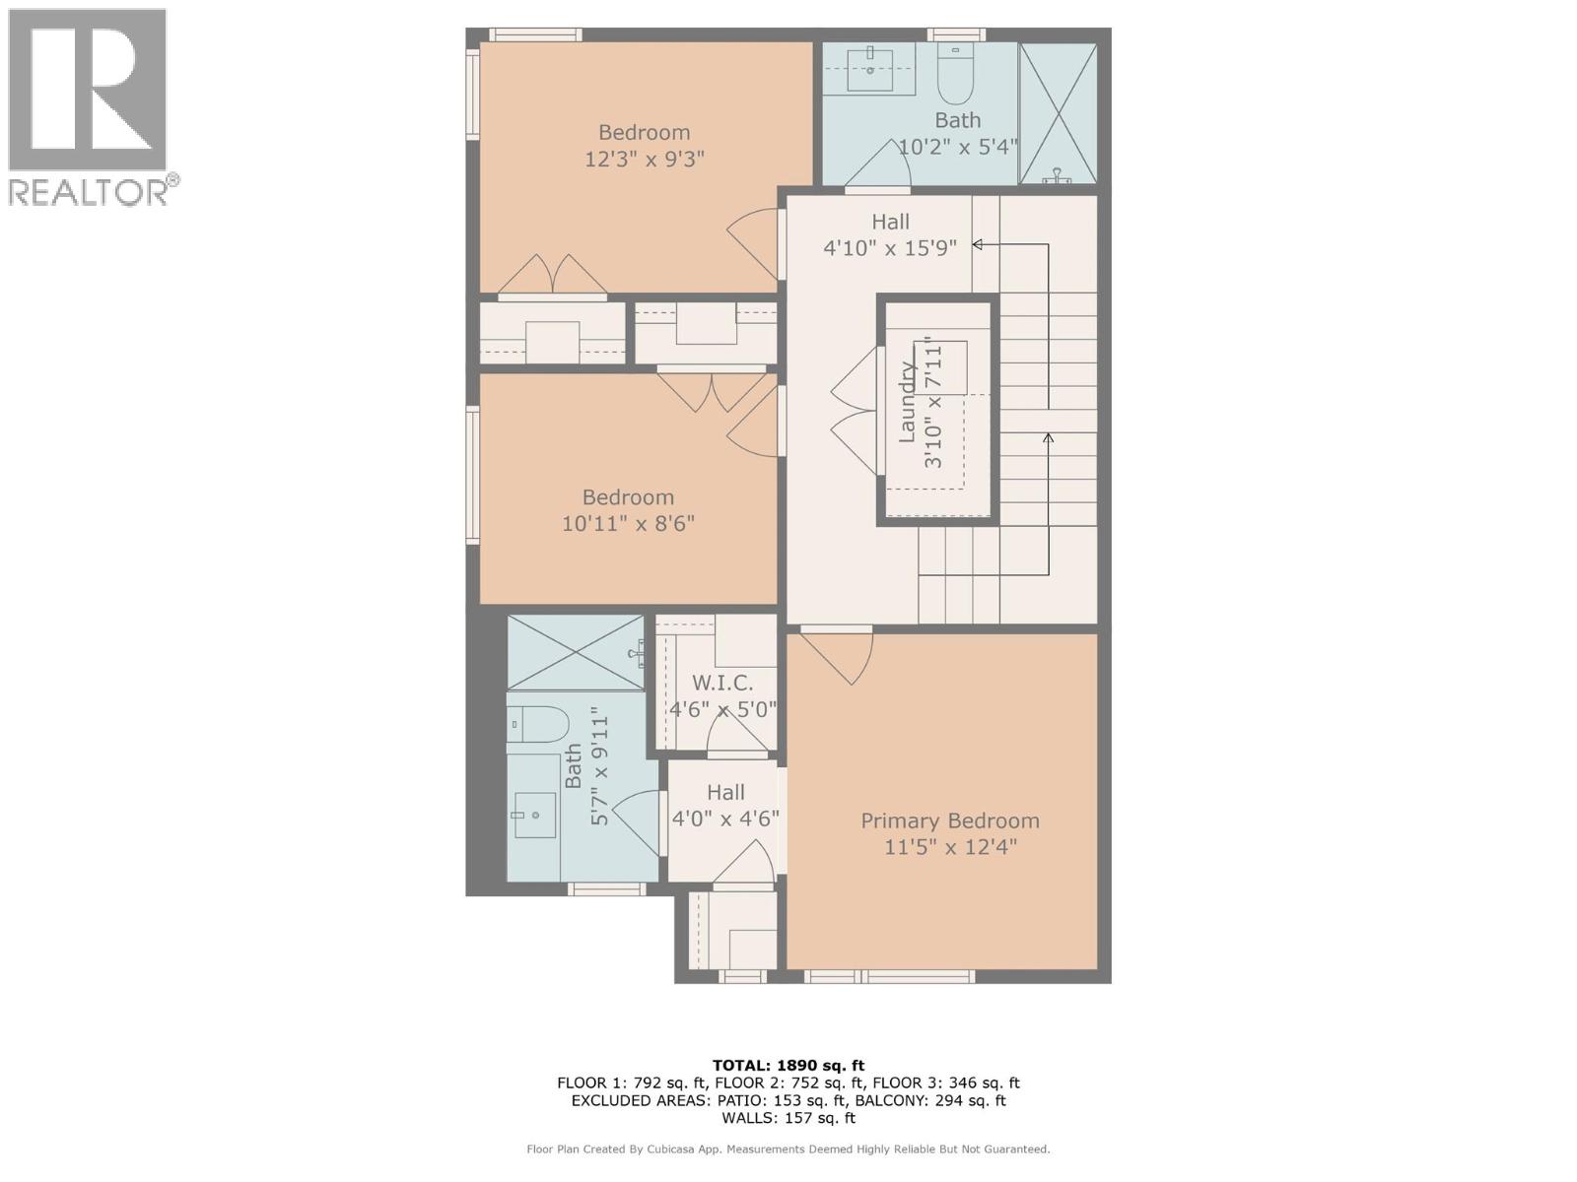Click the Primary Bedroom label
[949, 821]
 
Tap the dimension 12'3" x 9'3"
[644, 159]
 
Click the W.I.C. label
[722, 683]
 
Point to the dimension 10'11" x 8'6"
[628, 523]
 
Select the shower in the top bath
[1058, 113]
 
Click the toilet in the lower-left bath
[537, 724]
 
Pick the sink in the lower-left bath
[532, 814]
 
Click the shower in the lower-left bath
[575, 652]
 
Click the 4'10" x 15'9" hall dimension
[890, 248]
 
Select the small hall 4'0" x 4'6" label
[725, 792]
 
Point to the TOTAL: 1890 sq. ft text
[788, 1065]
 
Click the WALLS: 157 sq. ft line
[788, 1118]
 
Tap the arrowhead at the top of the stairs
[978, 244]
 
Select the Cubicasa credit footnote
[788, 1149]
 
